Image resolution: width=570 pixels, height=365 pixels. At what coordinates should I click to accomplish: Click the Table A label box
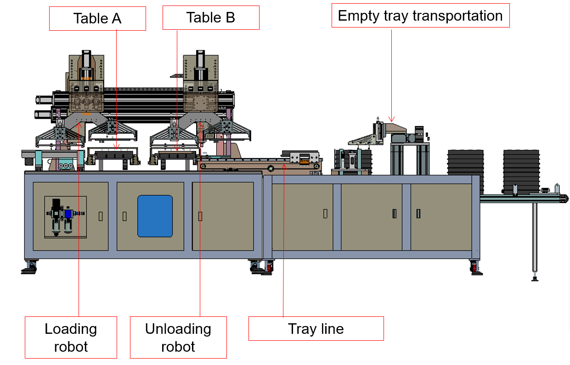[97, 18]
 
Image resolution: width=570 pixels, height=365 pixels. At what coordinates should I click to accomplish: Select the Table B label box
[211, 17]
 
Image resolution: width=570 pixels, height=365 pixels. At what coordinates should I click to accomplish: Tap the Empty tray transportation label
[420, 16]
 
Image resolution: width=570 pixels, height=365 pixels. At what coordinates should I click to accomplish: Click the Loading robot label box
[71, 337]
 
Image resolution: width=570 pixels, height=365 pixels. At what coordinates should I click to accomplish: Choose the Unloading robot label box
[178, 337]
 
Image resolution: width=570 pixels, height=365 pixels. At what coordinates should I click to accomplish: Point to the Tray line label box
[316, 328]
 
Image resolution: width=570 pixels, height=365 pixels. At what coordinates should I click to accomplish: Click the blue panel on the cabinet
[155, 216]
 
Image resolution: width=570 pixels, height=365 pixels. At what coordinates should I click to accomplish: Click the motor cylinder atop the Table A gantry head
[85, 60]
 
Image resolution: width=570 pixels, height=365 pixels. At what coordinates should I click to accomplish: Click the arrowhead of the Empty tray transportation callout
[392, 120]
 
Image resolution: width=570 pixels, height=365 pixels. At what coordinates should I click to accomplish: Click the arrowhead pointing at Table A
[117, 148]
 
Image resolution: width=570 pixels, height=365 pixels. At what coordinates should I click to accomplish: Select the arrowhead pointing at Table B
[178, 148]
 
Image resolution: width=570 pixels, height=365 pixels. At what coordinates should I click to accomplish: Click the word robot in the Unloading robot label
[178, 346]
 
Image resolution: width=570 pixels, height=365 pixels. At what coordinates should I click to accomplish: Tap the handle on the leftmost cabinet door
[101, 216]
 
